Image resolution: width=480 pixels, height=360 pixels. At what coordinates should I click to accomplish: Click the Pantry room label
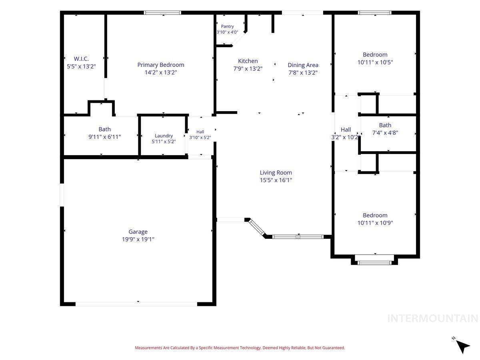point(227,26)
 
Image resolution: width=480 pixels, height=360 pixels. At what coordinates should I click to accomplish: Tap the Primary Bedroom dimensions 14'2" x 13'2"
point(161,72)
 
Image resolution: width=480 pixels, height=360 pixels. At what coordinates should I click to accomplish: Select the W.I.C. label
point(81,59)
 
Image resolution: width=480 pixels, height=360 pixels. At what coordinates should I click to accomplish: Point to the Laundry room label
point(164,136)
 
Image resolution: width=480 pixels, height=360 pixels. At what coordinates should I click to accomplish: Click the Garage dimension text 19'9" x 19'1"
point(138,239)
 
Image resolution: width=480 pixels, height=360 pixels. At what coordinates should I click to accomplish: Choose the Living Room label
point(276,173)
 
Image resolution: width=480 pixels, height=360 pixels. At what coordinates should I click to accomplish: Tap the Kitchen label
point(248,61)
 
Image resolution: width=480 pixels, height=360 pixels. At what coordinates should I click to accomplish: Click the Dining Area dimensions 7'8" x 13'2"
point(303,72)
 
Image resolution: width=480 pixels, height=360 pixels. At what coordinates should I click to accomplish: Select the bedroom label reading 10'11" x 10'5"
point(375,62)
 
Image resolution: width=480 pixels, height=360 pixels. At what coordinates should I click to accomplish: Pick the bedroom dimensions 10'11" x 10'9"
point(375,223)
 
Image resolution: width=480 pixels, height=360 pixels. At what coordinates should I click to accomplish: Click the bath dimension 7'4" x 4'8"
point(385,133)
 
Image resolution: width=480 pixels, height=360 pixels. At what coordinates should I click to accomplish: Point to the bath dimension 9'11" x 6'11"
point(104,137)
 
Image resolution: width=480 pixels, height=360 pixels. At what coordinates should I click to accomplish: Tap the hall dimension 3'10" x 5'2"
point(200,138)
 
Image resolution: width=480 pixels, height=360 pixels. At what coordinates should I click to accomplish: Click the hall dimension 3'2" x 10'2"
point(346,137)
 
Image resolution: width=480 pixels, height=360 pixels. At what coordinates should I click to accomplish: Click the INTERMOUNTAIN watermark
point(432,318)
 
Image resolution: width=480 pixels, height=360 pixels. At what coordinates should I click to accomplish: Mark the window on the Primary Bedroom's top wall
point(162,13)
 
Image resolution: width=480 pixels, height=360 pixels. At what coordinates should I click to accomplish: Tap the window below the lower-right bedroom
point(374,262)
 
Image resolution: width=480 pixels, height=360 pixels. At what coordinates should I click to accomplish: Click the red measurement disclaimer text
point(240,348)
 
